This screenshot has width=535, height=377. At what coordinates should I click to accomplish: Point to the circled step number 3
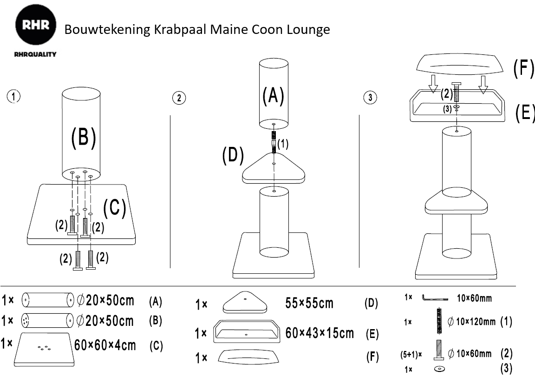tap(370, 98)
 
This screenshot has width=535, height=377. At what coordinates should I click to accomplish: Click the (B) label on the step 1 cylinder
tap(83, 138)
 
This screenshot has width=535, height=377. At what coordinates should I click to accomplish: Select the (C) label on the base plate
tap(114, 209)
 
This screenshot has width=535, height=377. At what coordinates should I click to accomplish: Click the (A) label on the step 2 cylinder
tap(273, 96)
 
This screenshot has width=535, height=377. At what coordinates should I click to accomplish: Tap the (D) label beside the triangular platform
tap(233, 157)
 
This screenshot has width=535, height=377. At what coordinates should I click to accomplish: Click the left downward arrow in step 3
tap(433, 84)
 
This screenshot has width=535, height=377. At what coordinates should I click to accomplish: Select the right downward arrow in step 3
tap(484, 84)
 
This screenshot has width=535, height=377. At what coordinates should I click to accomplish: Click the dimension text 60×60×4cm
tap(105, 345)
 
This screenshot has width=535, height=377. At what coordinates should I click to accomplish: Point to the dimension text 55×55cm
tap(309, 303)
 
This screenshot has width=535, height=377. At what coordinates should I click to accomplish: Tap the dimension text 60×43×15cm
tap(320, 333)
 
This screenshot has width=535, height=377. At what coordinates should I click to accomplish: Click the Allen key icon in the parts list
tap(435, 298)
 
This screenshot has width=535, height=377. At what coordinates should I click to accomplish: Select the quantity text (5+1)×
tap(411, 354)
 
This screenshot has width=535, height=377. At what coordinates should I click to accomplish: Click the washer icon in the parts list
tap(438, 369)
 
